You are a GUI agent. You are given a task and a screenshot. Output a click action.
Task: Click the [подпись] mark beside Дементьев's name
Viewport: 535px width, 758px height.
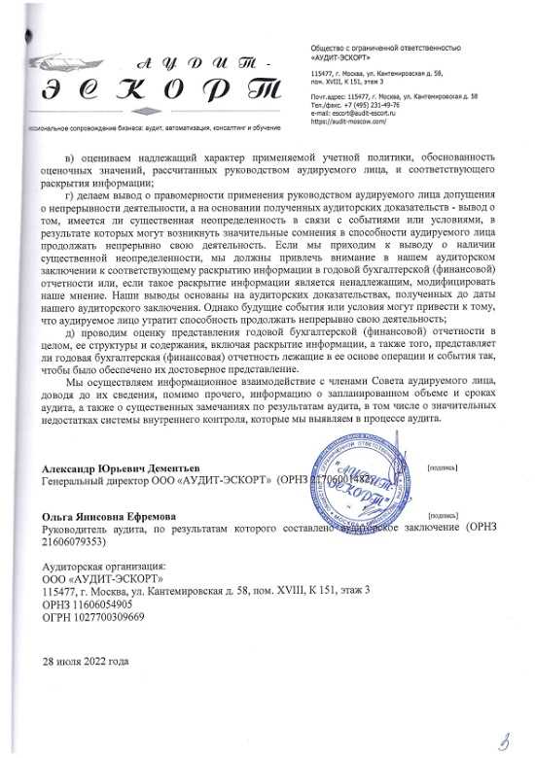[x=444, y=467]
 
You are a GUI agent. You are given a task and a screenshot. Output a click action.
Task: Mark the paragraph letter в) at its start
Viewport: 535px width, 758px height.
[x=70, y=157]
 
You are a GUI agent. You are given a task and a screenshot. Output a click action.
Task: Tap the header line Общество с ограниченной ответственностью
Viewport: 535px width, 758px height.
[x=384, y=48]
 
